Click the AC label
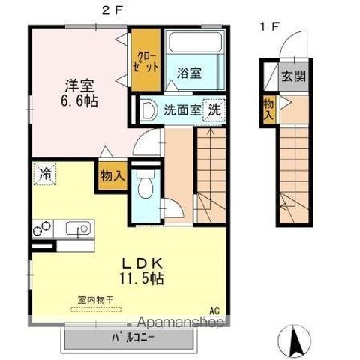click(x=214, y=311)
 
